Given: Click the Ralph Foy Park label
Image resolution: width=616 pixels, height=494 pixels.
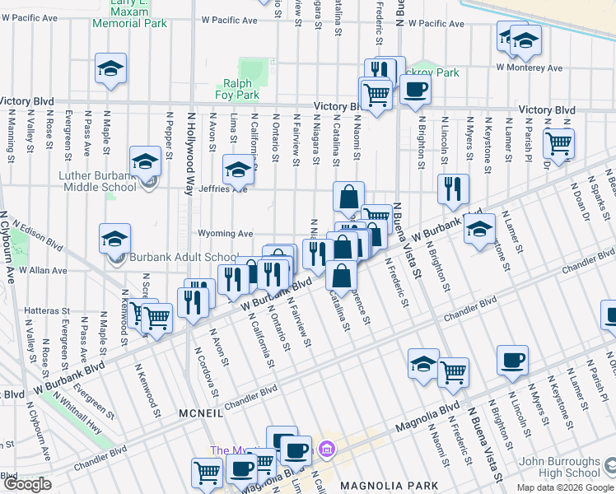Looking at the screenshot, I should coord(236,89).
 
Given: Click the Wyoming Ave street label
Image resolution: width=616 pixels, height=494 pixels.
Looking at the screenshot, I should coord(225,234).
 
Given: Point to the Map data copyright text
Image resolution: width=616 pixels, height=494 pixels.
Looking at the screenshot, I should coord(565,487).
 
